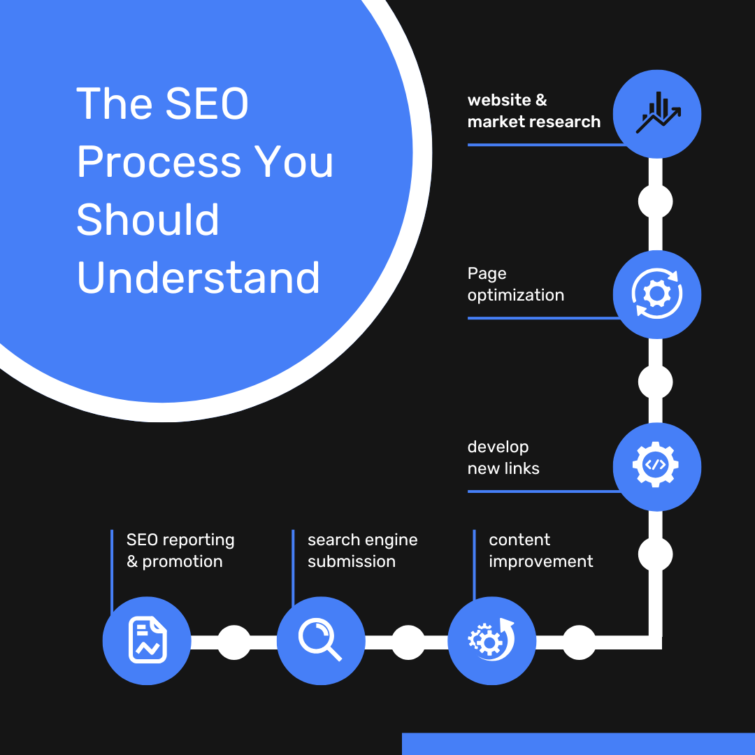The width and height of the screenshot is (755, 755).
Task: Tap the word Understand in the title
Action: click(x=198, y=278)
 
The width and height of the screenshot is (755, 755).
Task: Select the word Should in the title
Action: click(x=148, y=219)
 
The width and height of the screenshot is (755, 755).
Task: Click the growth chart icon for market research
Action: click(x=658, y=113)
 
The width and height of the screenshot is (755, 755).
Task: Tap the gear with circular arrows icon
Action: click(x=656, y=293)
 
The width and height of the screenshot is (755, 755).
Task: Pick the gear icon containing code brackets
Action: click(x=655, y=465)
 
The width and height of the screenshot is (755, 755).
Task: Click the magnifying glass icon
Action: click(x=320, y=639)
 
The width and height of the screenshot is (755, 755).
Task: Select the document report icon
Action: click(x=148, y=640)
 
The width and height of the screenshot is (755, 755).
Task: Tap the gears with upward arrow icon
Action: click(x=491, y=640)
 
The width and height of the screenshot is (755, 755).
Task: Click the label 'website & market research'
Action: click(x=534, y=110)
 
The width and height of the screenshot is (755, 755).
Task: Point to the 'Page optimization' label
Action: click(x=516, y=284)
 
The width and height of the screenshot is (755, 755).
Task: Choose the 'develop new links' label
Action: click(x=503, y=457)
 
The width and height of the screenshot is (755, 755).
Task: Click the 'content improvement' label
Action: click(x=540, y=550)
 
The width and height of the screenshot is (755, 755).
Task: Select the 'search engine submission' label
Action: click(x=363, y=550)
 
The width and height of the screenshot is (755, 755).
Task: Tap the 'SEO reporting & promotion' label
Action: click(x=180, y=550)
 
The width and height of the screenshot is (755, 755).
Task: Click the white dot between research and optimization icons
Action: click(x=655, y=202)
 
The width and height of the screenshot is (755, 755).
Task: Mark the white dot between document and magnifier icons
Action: click(x=234, y=642)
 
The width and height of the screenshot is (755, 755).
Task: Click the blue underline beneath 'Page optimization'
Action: click(x=544, y=318)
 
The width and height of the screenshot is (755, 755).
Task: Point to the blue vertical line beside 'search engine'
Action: click(x=293, y=568)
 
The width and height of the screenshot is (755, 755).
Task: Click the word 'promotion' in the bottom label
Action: click(x=182, y=561)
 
